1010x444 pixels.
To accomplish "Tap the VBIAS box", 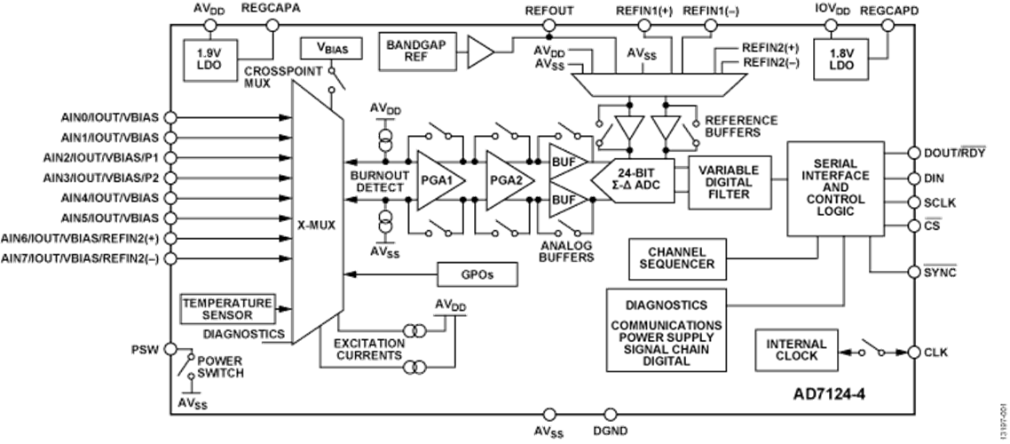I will [330, 47].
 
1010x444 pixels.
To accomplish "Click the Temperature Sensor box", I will [227, 307].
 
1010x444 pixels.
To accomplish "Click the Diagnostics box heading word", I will [666, 305].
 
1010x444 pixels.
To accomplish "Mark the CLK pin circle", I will [915, 352].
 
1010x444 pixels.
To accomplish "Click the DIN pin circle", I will [915, 178].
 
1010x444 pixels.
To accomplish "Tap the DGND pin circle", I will [609, 414].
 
